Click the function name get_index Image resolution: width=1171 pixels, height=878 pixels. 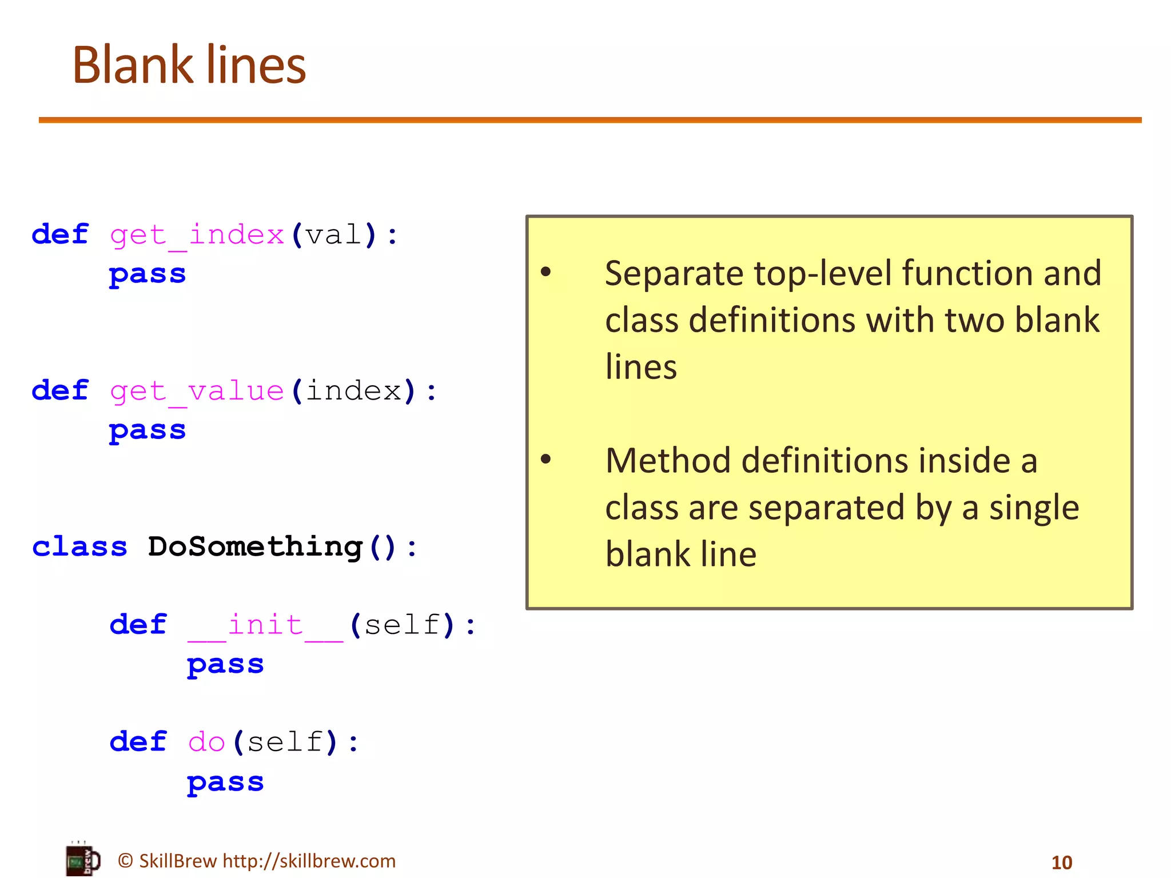(197, 235)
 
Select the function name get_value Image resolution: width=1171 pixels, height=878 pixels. (197, 392)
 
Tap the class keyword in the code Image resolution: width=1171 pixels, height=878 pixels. (79, 547)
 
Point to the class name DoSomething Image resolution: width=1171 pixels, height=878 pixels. (255, 547)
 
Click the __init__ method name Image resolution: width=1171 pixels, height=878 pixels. (265, 625)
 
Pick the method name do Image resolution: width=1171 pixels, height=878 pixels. (206, 743)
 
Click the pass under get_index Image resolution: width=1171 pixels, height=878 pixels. (148, 274)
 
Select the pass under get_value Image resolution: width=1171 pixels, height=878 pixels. (148, 430)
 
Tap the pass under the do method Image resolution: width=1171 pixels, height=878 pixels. (225, 782)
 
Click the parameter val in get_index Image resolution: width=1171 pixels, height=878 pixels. (333, 235)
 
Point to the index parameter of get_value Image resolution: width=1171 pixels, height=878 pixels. (353, 392)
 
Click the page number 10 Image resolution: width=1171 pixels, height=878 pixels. (1062, 862)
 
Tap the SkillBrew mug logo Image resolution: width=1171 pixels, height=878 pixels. (83, 859)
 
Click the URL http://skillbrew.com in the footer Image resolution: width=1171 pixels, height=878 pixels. (309, 861)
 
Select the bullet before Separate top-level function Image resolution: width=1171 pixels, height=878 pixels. (546, 272)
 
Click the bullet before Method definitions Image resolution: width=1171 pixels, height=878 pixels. (546, 458)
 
